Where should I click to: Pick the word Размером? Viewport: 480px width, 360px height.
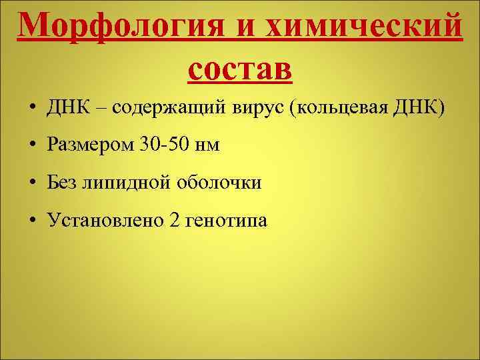coord(89,145)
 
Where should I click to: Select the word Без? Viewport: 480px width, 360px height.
coord(62,182)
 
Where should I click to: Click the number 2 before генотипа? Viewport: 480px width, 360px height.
coord(175,219)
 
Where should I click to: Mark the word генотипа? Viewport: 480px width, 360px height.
coord(227,221)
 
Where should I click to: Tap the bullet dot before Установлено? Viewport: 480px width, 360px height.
coord(32,221)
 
